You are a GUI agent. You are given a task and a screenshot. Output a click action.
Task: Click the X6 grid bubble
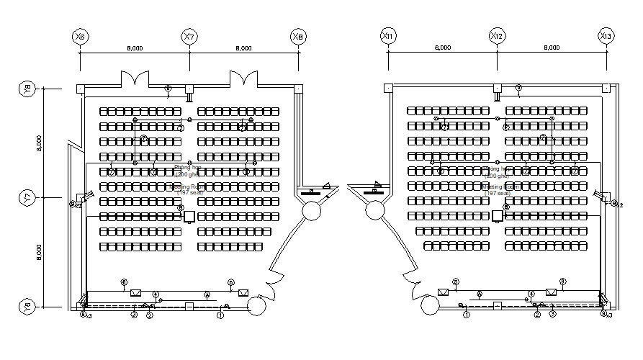pyautogui.click(x=81, y=36)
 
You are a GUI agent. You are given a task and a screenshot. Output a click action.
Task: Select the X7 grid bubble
pyautogui.click(x=189, y=36)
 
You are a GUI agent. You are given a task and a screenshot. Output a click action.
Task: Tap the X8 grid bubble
pyautogui.click(x=297, y=36)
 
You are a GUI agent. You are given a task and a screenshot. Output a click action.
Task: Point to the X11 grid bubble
pyautogui.click(x=388, y=36)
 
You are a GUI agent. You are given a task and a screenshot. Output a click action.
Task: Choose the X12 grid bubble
pyautogui.click(x=496, y=36)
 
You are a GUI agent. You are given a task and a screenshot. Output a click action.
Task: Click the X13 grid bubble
pyautogui.click(x=605, y=36)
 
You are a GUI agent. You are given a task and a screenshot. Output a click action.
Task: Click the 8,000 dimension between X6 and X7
pyautogui.click(x=134, y=48)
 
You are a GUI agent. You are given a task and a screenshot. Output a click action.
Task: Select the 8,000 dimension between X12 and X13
pyautogui.click(x=551, y=48)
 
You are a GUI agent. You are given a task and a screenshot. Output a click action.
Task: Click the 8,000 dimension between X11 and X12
pyautogui.click(x=442, y=48)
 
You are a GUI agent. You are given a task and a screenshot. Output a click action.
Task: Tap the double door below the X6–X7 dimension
pyautogui.click(x=135, y=78)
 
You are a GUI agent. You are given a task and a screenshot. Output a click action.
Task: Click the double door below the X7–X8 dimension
pyautogui.click(x=243, y=78)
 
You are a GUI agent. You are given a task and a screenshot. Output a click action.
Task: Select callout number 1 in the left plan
pyautogui.click(x=220, y=315)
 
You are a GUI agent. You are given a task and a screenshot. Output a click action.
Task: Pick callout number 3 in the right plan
pyautogui.click(x=553, y=314)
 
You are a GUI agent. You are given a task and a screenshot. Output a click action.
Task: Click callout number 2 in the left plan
pyautogui.click(x=150, y=315)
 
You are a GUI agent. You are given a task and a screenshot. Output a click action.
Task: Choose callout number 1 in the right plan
pyautogui.click(x=467, y=315)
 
